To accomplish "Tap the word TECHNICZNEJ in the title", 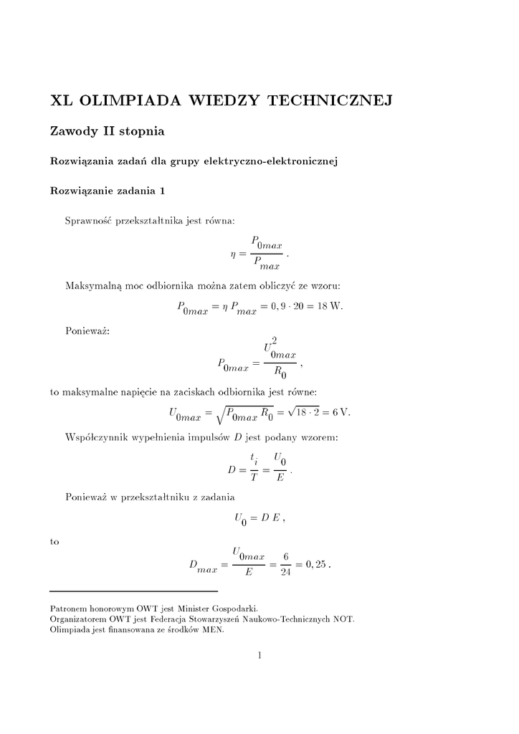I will [329, 101].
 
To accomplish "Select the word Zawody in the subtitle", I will [74, 132].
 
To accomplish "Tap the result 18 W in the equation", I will [330, 307].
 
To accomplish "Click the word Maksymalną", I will [93, 286].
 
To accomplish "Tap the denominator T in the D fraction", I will [253, 479].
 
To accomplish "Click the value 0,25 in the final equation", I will [316, 565].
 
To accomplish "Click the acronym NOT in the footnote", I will [343, 619].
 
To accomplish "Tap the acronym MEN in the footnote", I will [211, 630].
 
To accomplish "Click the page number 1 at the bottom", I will [259, 654].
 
